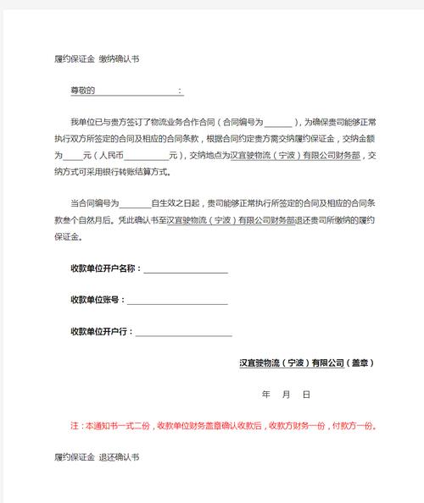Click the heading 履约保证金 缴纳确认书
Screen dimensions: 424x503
(x=96, y=58)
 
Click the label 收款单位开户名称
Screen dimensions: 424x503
(x=104, y=268)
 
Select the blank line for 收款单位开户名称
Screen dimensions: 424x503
(x=186, y=270)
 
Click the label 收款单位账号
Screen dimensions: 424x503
(x=98, y=300)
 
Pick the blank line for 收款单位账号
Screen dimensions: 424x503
(x=177, y=301)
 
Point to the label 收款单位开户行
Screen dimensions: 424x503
(x=101, y=330)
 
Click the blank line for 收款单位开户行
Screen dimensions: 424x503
(x=181, y=333)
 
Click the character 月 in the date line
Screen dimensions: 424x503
(x=286, y=395)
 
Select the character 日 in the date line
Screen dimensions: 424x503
(x=306, y=395)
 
